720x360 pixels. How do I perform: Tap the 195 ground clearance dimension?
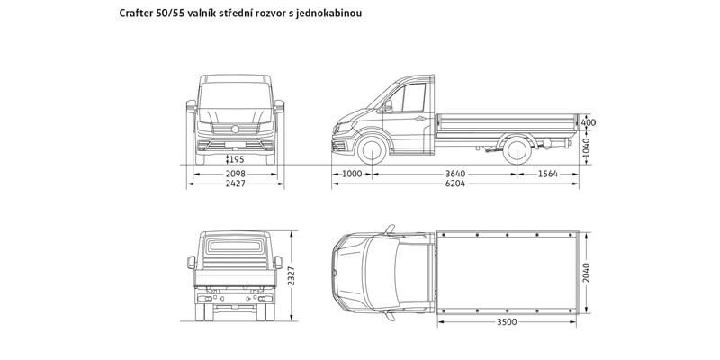point(236,158)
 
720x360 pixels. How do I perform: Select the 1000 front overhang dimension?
point(351,174)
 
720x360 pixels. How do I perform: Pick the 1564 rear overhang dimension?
point(547,174)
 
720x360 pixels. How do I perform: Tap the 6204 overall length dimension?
point(455,184)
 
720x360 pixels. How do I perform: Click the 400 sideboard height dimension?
point(589,121)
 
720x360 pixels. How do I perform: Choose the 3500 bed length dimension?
point(508,321)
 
